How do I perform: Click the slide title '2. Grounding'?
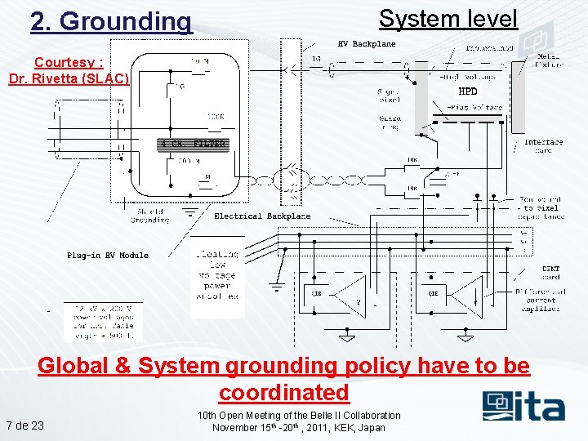[x=111, y=22]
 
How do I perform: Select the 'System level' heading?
[x=448, y=19]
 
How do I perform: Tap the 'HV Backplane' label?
[x=367, y=44]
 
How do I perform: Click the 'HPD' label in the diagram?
[x=468, y=91]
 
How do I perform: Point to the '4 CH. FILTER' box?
[x=192, y=145]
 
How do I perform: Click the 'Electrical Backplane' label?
[x=262, y=216]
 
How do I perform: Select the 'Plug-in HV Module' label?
[x=108, y=256]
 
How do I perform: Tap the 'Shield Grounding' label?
[x=149, y=216]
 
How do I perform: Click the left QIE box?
[x=316, y=292]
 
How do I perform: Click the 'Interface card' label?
[x=543, y=145]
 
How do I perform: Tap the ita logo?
[x=523, y=405]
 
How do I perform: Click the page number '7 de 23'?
[x=25, y=425]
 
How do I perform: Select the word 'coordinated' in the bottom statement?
[x=283, y=392]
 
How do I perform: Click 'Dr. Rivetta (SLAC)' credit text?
[x=69, y=78]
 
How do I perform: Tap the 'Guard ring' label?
[x=390, y=122]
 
